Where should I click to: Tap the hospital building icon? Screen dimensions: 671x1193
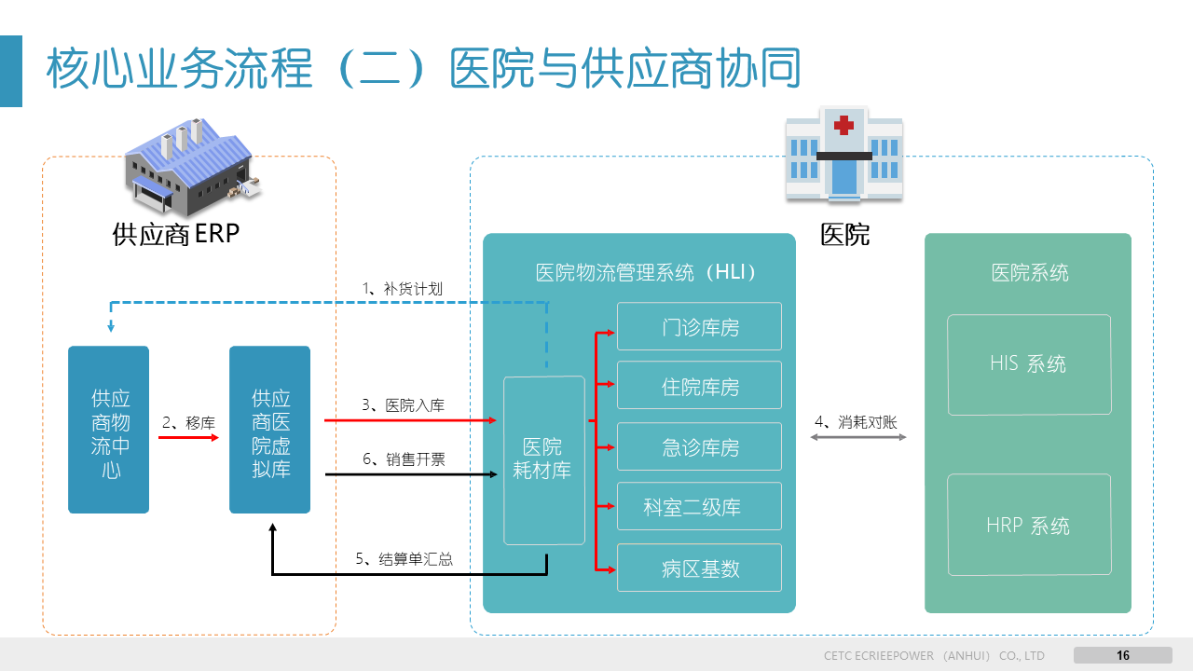coord(843,154)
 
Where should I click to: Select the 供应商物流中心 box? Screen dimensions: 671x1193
coord(109,430)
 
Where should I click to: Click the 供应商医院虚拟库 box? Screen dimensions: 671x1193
coord(270,430)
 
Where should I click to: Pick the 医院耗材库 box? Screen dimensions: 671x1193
coord(544,459)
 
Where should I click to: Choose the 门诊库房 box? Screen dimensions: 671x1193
coord(699,326)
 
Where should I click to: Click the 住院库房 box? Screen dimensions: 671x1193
coord(699,386)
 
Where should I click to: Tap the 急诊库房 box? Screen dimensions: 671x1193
coord(699,446)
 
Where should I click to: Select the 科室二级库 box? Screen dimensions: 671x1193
coord(699,507)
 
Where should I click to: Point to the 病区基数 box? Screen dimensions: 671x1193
coord(699,568)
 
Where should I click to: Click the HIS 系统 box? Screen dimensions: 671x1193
coord(1029,364)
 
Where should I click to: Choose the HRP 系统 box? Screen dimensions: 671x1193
coord(1029,526)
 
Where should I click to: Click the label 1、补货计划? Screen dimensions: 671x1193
coord(402,289)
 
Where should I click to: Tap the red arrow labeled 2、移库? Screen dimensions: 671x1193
coord(189,436)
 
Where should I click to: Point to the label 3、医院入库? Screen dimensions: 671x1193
coord(403,405)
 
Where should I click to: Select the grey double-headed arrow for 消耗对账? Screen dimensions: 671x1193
coord(858,436)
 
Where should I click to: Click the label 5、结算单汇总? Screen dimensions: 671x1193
coord(404,559)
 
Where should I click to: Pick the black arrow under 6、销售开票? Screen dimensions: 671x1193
coord(410,475)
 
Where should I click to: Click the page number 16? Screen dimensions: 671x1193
coord(1123,655)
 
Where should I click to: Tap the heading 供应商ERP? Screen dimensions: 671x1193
coord(176,233)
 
